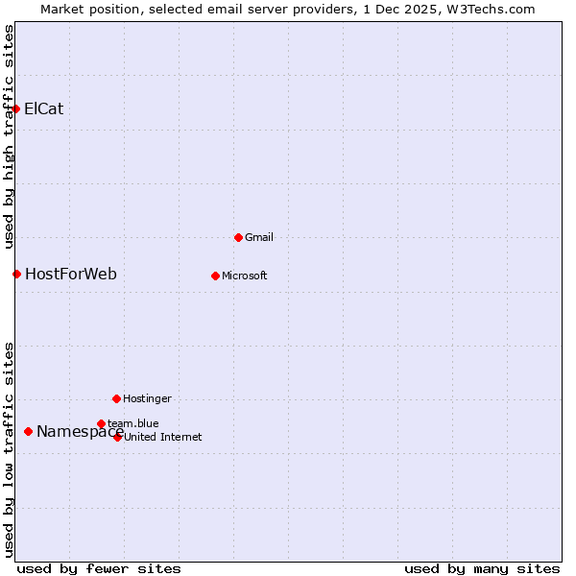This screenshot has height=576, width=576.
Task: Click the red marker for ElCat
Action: pos(16,108)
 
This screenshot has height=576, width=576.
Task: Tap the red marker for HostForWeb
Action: pos(16,275)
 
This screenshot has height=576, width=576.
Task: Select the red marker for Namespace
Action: pos(29,432)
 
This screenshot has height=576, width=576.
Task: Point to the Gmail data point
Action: pos(239,237)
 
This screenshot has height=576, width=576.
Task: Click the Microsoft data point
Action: pos(216,276)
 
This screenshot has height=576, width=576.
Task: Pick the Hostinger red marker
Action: pos(116,398)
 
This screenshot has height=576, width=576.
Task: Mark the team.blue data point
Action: pos(101,423)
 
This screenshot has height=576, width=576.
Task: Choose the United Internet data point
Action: pos(118,437)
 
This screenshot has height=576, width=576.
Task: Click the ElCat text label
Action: pos(44,108)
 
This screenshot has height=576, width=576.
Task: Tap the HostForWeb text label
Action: pos(71,275)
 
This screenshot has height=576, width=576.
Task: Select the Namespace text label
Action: pos(80,432)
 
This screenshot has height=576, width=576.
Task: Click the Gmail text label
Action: pos(259,237)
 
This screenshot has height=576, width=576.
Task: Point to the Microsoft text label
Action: pos(245,276)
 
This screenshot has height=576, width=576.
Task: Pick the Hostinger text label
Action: pos(147,398)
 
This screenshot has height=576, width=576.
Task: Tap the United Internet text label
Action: pos(163,437)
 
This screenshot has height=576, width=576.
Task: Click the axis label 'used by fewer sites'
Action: pos(99,568)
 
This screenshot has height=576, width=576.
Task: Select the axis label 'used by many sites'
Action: pos(482,568)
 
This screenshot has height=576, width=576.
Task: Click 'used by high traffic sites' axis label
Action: pos(9,136)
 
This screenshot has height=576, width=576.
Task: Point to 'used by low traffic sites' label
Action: pos(9,448)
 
